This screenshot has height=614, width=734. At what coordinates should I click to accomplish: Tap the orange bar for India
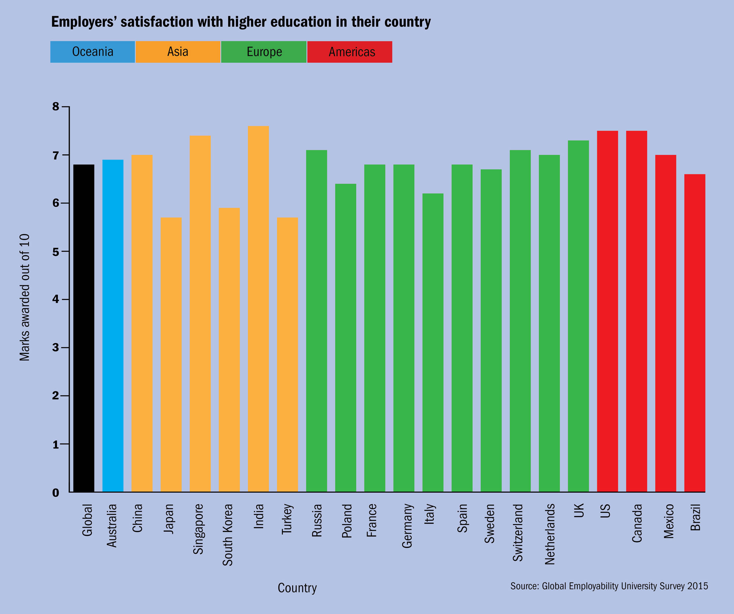coord(258,309)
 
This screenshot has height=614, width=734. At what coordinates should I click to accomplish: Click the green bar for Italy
coord(433,342)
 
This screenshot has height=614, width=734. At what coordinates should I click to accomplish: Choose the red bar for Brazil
coord(695,333)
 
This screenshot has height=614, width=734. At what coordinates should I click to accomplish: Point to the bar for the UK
coord(578,316)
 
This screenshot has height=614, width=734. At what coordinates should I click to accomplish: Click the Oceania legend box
coord(92,52)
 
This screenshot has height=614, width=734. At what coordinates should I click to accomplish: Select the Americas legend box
coord(350,52)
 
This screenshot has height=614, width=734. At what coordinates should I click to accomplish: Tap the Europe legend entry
coord(264,52)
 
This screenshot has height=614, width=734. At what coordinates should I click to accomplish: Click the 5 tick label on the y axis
coord(56,252)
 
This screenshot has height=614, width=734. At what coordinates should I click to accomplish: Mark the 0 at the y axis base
coord(56,493)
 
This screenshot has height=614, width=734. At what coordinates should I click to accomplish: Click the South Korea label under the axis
coord(228,535)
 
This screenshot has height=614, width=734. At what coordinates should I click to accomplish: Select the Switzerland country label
coord(517,532)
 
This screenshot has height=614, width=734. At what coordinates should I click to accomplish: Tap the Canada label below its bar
coord(637,523)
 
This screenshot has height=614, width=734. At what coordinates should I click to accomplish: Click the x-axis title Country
coord(297,588)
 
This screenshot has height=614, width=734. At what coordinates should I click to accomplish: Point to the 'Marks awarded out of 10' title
coord(25,297)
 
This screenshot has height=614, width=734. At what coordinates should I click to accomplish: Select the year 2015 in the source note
coord(698,586)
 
